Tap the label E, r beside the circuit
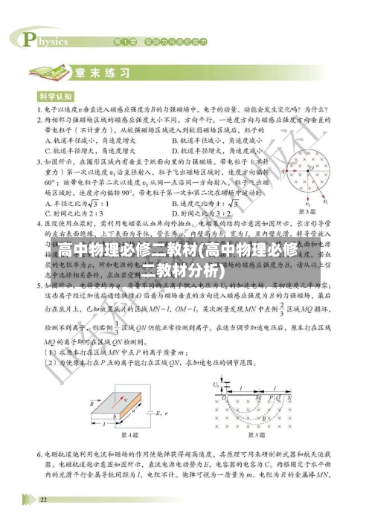coord(160,411)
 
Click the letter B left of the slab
coord(91,406)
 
